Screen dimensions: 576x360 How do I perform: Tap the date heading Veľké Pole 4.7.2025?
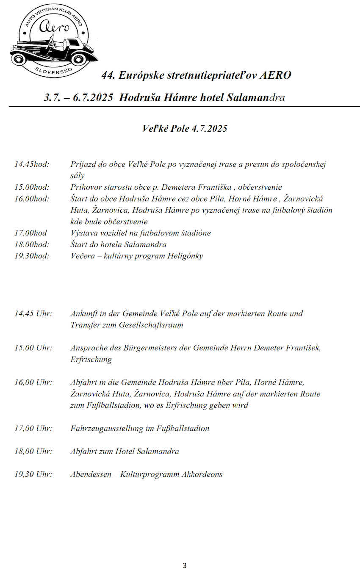185,128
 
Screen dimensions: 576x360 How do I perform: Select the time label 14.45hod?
32,164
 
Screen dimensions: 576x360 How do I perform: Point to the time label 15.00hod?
32,187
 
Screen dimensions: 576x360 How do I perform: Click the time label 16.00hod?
32,199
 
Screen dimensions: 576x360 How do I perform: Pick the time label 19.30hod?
32,256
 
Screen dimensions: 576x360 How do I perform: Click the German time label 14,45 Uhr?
33,314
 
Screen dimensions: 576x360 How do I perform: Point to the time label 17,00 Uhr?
33,428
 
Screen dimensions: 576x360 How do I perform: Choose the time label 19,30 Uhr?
33,474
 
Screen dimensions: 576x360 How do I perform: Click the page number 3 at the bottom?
184,565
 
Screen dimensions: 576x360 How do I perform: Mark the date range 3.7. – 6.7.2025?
78,98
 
